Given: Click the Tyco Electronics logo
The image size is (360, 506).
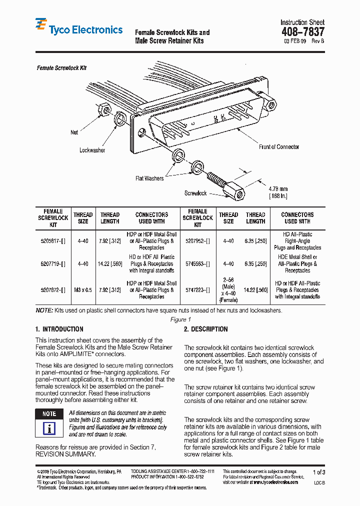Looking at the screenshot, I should click(x=78, y=29).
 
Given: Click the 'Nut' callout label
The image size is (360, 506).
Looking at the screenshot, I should click(x=74, y=132).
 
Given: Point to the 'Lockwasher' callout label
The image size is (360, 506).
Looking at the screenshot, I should click(x=92, y=150).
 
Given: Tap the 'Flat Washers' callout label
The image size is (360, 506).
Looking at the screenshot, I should click(x=149, y=178).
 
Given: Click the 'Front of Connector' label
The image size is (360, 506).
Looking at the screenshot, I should click(x=278, y=146).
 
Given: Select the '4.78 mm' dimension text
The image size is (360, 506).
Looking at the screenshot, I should click(x=278, y=189).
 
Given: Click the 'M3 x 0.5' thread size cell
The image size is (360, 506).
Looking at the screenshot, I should click(x=83, y=290).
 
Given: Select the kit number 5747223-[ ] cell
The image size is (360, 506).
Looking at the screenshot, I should click(x=197, y=290).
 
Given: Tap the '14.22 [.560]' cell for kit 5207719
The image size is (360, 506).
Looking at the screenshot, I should click(x=110, y=264).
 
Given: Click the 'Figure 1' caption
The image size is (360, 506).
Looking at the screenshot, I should click(x=180, y=319).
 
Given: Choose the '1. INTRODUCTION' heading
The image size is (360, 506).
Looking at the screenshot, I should click(x=59, y=329).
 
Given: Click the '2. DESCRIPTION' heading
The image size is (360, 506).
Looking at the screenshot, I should click(x=205, y=329).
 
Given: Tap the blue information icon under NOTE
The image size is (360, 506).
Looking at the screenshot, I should click(x=49, y=428).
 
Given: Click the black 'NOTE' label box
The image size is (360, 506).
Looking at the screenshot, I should click(x=49, y=414).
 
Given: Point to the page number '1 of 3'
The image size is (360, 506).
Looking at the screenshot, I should click(x=318, y=472).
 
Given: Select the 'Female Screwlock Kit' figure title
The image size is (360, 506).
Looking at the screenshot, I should click(x=61, y=67).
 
